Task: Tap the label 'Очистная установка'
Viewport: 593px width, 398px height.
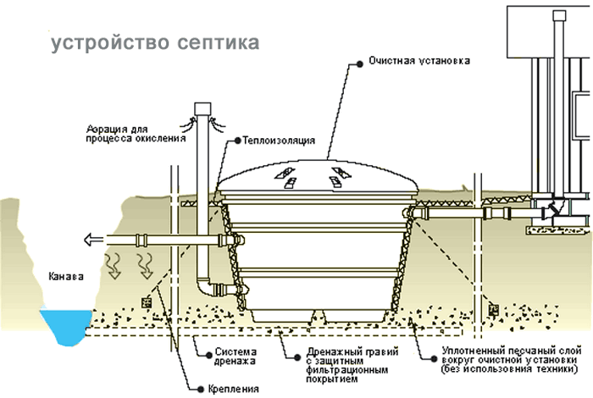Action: [x=418, y=63]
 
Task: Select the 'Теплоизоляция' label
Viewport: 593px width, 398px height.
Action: [x=279, y=139]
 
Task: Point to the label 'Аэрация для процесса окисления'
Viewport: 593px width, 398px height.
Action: [x=135, y=133]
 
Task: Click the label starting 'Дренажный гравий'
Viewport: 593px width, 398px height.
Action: [x=335, y=362]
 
